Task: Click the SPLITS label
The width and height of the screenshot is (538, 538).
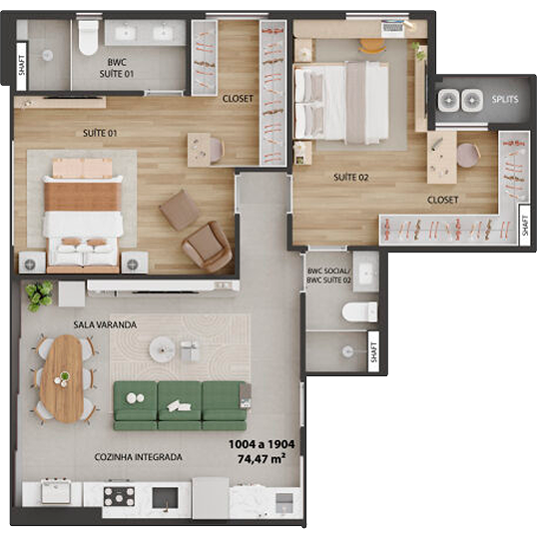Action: pos(505,100)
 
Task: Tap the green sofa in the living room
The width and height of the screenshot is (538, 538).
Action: pos(180,405)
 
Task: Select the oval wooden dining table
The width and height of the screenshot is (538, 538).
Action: pos(62,378)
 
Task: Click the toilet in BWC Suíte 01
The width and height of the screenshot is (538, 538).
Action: pos(88,37)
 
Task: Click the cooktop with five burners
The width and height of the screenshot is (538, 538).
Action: pos(119,496)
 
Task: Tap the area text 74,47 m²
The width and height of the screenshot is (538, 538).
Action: pos(262,459)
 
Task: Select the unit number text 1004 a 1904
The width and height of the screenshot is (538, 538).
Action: pos(262,444)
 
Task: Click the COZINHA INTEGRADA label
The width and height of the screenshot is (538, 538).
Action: pos(139,457)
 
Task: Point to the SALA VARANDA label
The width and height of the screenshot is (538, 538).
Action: pos(105,324)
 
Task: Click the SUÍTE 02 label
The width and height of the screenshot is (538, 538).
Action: pos(351,178)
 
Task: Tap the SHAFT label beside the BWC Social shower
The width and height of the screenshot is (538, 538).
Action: pos(373,351)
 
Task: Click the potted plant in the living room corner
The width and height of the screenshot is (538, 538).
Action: pos(39,295)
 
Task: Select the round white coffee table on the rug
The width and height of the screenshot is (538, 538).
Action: pos(162,349)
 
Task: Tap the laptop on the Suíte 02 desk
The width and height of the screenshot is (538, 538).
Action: pos(392,26)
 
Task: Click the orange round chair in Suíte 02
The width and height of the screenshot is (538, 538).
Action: pos(372,46)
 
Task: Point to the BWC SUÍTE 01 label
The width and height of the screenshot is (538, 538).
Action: pos(117,68)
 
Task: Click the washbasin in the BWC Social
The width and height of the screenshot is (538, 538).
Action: pos(365,272)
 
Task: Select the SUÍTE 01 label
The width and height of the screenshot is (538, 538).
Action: pos(100,133)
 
